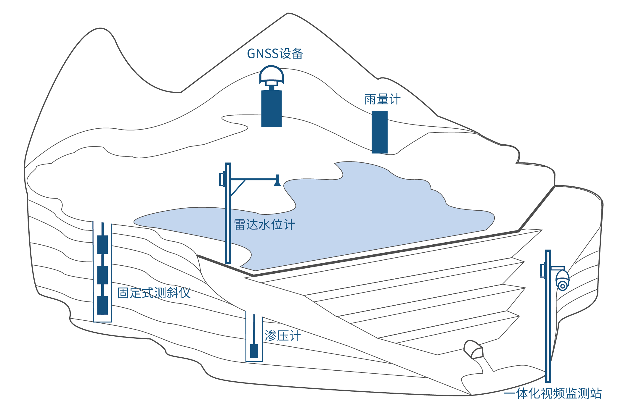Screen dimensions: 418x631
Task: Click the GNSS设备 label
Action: tap(275, 54)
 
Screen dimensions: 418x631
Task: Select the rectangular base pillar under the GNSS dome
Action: tap(271, 109)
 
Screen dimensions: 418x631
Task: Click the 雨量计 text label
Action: tap(382, 100)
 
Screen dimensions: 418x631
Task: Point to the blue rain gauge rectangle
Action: tap(379, 132)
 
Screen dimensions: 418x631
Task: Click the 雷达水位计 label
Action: tap(264, 225)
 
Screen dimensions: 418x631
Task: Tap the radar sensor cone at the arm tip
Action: tap(277, 182)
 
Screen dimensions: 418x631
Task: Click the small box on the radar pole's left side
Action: tap(222, 179)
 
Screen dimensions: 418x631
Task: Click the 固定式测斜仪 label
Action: tap(154, 293)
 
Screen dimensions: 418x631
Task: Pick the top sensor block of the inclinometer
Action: tap(102, 244)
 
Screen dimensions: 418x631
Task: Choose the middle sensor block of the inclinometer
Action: tap(102, 275)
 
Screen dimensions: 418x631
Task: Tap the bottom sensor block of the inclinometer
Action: tap(102, 305)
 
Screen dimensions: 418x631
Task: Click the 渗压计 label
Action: tap(282, 336)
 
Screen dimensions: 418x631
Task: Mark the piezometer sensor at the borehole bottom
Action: tap(254, 351)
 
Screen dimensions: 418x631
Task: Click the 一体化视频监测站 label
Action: tap(553, 394)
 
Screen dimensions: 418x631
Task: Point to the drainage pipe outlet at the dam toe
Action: tap(473, 349)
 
